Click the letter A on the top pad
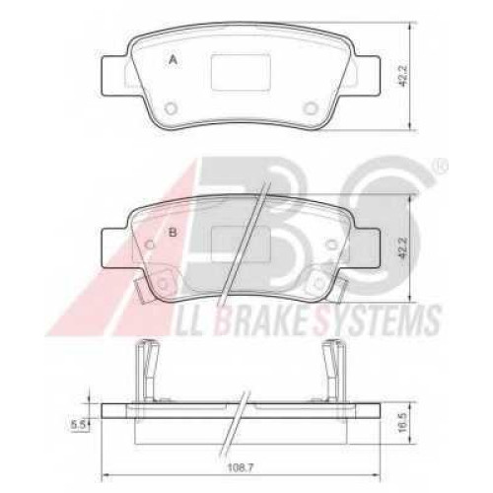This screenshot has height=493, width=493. click(173, 60)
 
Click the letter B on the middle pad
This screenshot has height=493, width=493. click(173, 233)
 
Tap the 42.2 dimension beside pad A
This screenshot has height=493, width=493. click(404, 76)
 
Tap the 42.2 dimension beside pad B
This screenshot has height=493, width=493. click(404, 247)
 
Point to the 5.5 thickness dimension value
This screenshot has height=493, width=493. click(78, 425)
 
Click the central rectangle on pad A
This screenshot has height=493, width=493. click(241, 73)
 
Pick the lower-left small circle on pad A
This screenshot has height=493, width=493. click(171, 107)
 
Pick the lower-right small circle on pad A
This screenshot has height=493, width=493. click(310, 107)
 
